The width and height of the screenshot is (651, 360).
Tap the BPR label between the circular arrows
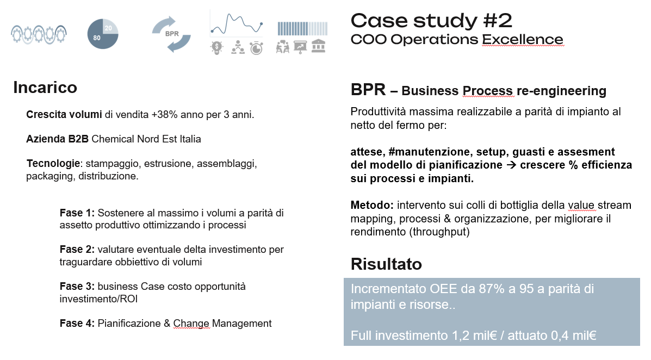[172, 34]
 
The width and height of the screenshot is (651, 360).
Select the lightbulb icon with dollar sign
[216, 48]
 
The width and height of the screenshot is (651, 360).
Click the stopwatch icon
[257, 48]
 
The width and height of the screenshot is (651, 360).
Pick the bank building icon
[319, 46]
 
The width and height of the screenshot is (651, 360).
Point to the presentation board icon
[300, 47]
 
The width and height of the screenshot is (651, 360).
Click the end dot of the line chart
[261, 24]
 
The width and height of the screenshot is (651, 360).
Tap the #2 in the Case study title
[498, 21]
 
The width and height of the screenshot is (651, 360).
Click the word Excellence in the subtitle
[522, 40]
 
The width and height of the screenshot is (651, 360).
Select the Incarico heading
[45, 88]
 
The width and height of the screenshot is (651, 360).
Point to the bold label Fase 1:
[77, 213]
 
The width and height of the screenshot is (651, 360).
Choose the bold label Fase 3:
[77, 287]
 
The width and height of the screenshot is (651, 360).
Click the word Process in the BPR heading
[487, 91]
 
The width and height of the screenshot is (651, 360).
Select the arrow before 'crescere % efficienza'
[511, 165]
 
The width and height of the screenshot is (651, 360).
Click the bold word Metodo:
[372, 205]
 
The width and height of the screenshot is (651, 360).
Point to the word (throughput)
[439, 232]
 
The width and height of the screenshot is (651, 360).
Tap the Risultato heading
[386, 264]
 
